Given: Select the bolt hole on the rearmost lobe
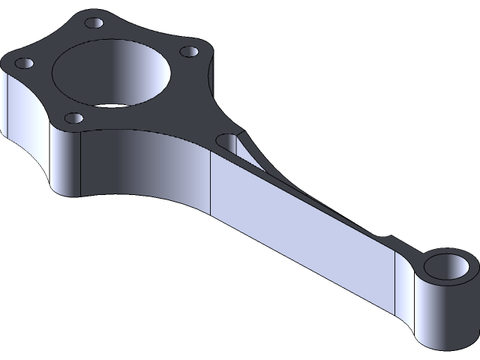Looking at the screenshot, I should [93, 22].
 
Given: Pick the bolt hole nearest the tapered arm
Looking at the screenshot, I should [190, 52].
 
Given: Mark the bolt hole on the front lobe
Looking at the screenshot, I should [74, 117].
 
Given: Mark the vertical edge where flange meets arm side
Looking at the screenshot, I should [211, 187].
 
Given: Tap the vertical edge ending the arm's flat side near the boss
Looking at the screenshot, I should [396, 288].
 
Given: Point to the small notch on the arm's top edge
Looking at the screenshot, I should [385, 238].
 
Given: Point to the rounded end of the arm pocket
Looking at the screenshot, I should [226, 139].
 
